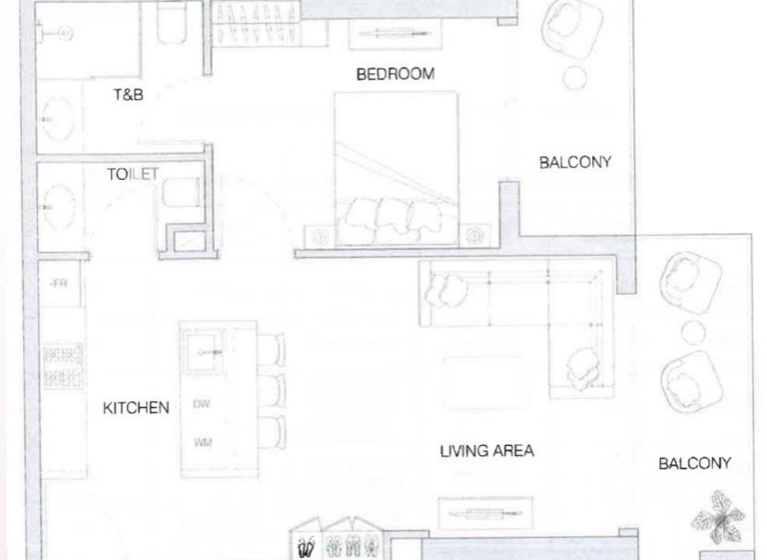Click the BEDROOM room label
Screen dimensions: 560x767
[395, 74]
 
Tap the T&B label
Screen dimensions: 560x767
[128, 95]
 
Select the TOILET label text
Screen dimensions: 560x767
[133, 174]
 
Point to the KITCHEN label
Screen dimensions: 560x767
[136, 408]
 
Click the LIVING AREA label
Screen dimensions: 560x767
[486, 451]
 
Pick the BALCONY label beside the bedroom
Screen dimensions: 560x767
[575, 162]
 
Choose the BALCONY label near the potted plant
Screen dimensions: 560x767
[694, 463]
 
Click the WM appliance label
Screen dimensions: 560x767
[202, 441]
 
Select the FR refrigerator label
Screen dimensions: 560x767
[59, 284]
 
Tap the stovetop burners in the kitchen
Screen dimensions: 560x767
[61, 367]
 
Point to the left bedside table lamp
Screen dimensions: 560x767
[321, 237]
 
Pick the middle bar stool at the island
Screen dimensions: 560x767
[272, 389]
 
